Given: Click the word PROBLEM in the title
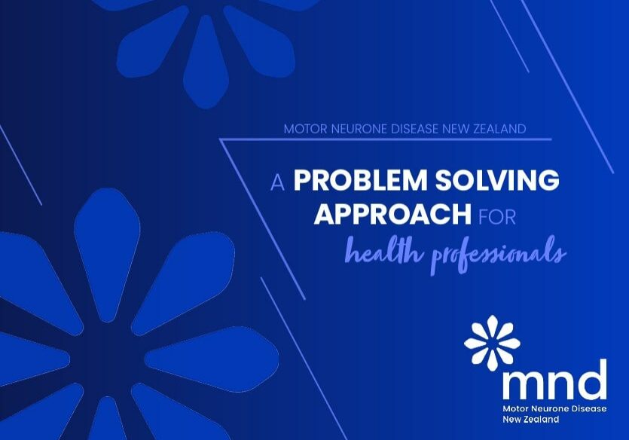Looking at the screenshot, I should coord(353,182).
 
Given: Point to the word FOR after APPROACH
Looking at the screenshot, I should coord(497,216).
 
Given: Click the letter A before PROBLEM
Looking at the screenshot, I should coord(277,182).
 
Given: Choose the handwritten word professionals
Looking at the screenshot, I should coord(498,253).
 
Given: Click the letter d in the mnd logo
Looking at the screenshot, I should coord(592,380).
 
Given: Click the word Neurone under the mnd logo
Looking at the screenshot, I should coord(546,408).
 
